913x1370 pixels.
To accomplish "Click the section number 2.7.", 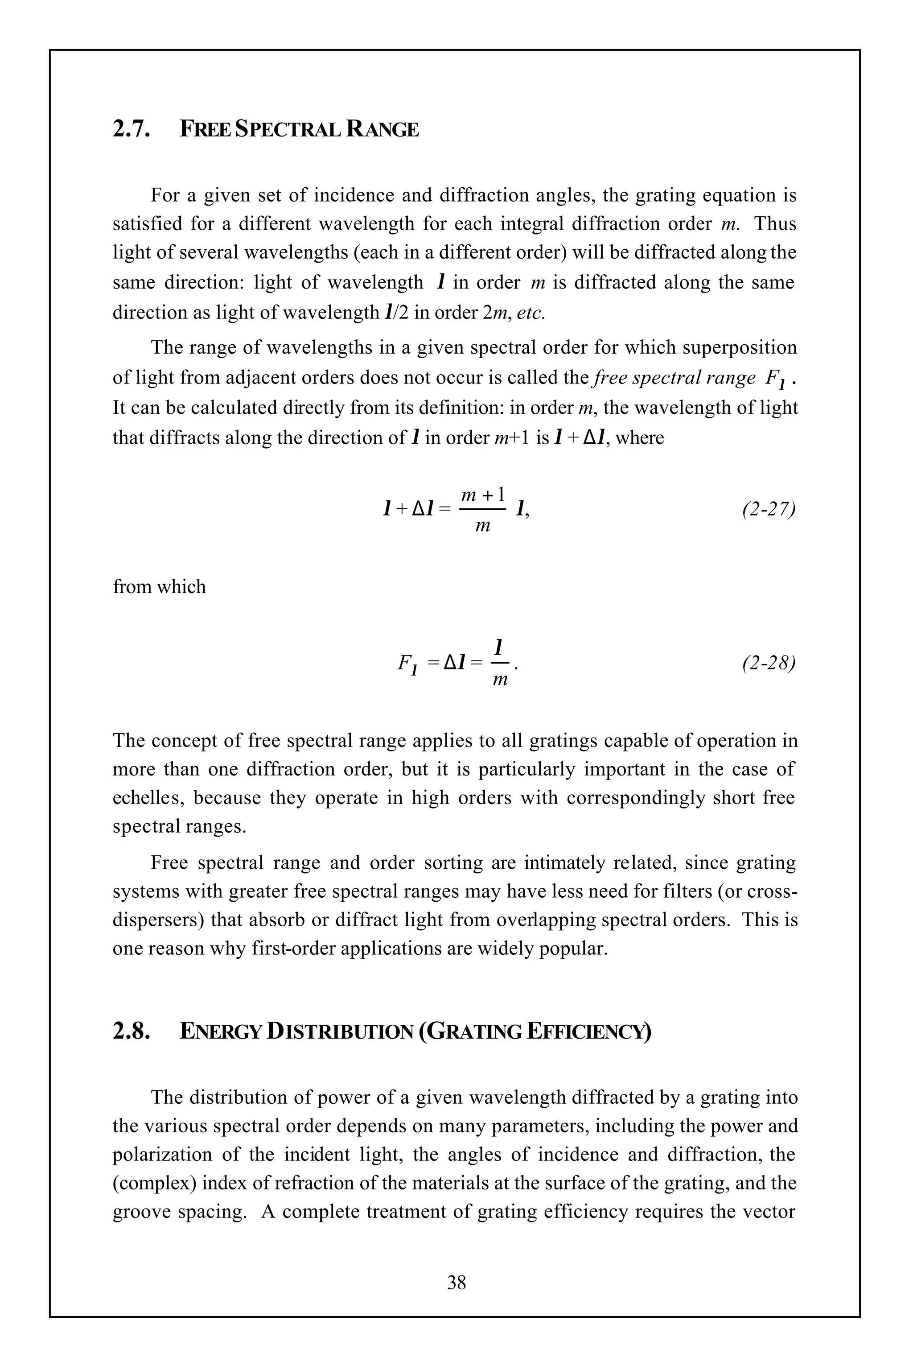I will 131,129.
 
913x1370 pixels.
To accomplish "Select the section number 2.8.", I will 131,1032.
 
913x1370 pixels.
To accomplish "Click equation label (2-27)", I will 768,509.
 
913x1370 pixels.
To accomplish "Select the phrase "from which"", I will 159,586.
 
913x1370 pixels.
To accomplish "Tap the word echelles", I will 148,797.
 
